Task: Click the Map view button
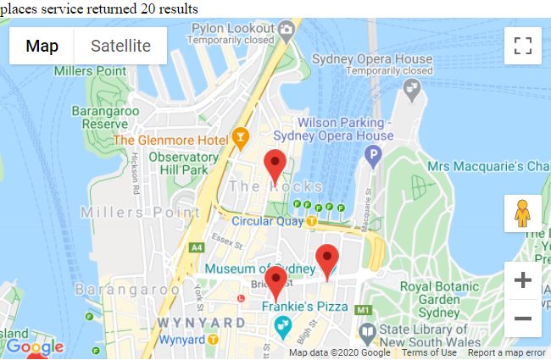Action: [42, 46]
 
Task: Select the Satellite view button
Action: [120, 46]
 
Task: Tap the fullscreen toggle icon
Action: [522, 46]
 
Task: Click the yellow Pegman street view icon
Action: [522, 213]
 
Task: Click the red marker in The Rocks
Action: [275, 164]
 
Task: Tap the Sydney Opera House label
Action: [371, 59]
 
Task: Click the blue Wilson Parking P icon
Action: [371, 155]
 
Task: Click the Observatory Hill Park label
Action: [183, 163]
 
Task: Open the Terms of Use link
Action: [429, 353]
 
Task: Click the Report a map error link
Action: [506, 353]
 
